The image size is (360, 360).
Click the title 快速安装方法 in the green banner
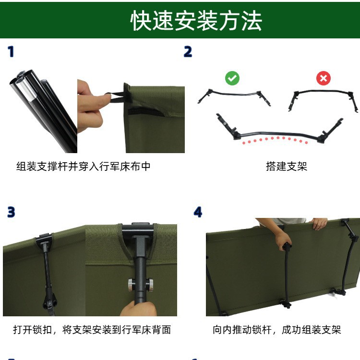click(x=196, y=21)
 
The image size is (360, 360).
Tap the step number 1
click(x=11, y=52)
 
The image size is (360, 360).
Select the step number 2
click(x=188, y=52)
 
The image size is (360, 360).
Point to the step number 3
click(x=11, y=212)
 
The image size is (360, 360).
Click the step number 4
click(x=198, y=212)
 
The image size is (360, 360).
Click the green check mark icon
click(x=232, y=78)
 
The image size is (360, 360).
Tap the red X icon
click(x=324, y=78)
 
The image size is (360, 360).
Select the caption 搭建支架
click(x=287, y=166)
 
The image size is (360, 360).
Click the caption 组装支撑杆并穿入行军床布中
click(x=84, y=166)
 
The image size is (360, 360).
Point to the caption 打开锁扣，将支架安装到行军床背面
click(x=92, y=330)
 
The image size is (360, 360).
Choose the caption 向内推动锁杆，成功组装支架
click(x=276, y=330)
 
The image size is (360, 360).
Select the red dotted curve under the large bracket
click(x=275, y=140)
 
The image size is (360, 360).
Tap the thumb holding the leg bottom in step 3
click(x=138, y=308)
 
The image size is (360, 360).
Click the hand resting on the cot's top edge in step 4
click(x=319, y=223)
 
